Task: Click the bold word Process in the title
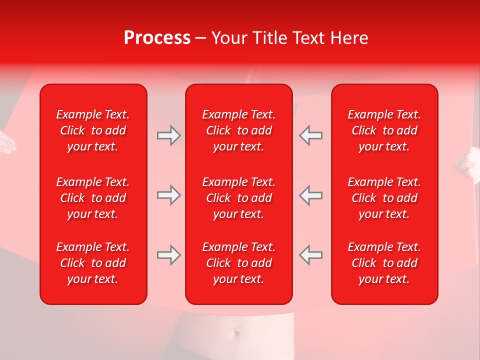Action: pos(157,38)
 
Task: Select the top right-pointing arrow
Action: pos(168,135)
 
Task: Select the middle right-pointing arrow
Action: pos(168,195)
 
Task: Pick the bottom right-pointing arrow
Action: pos(168,255)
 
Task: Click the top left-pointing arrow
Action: pos(311,135)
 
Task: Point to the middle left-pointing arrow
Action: pos(311,195)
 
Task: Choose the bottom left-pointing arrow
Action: pos(311,255)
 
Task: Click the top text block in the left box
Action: pos(93,130)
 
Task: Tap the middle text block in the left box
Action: pos(93,198)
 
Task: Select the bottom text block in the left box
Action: pos(93,263)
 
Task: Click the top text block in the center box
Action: pos(238,130)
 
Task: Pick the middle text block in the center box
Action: pos(238,198)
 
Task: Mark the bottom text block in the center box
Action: pos(238,263)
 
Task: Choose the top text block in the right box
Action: pos(384,130)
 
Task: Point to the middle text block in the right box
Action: pos(384,198)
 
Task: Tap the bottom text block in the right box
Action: pos(384,263)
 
